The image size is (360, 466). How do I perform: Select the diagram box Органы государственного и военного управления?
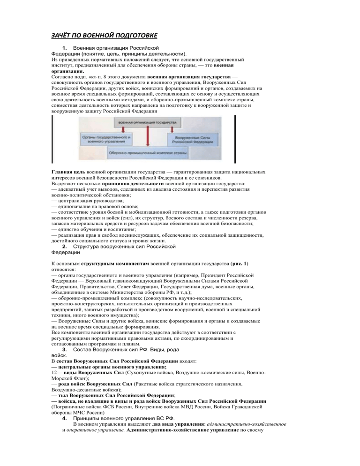(108, 139)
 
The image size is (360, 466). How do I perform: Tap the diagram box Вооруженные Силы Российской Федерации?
(192, 139)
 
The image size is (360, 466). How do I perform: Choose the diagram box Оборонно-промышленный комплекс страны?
(147, 153)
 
